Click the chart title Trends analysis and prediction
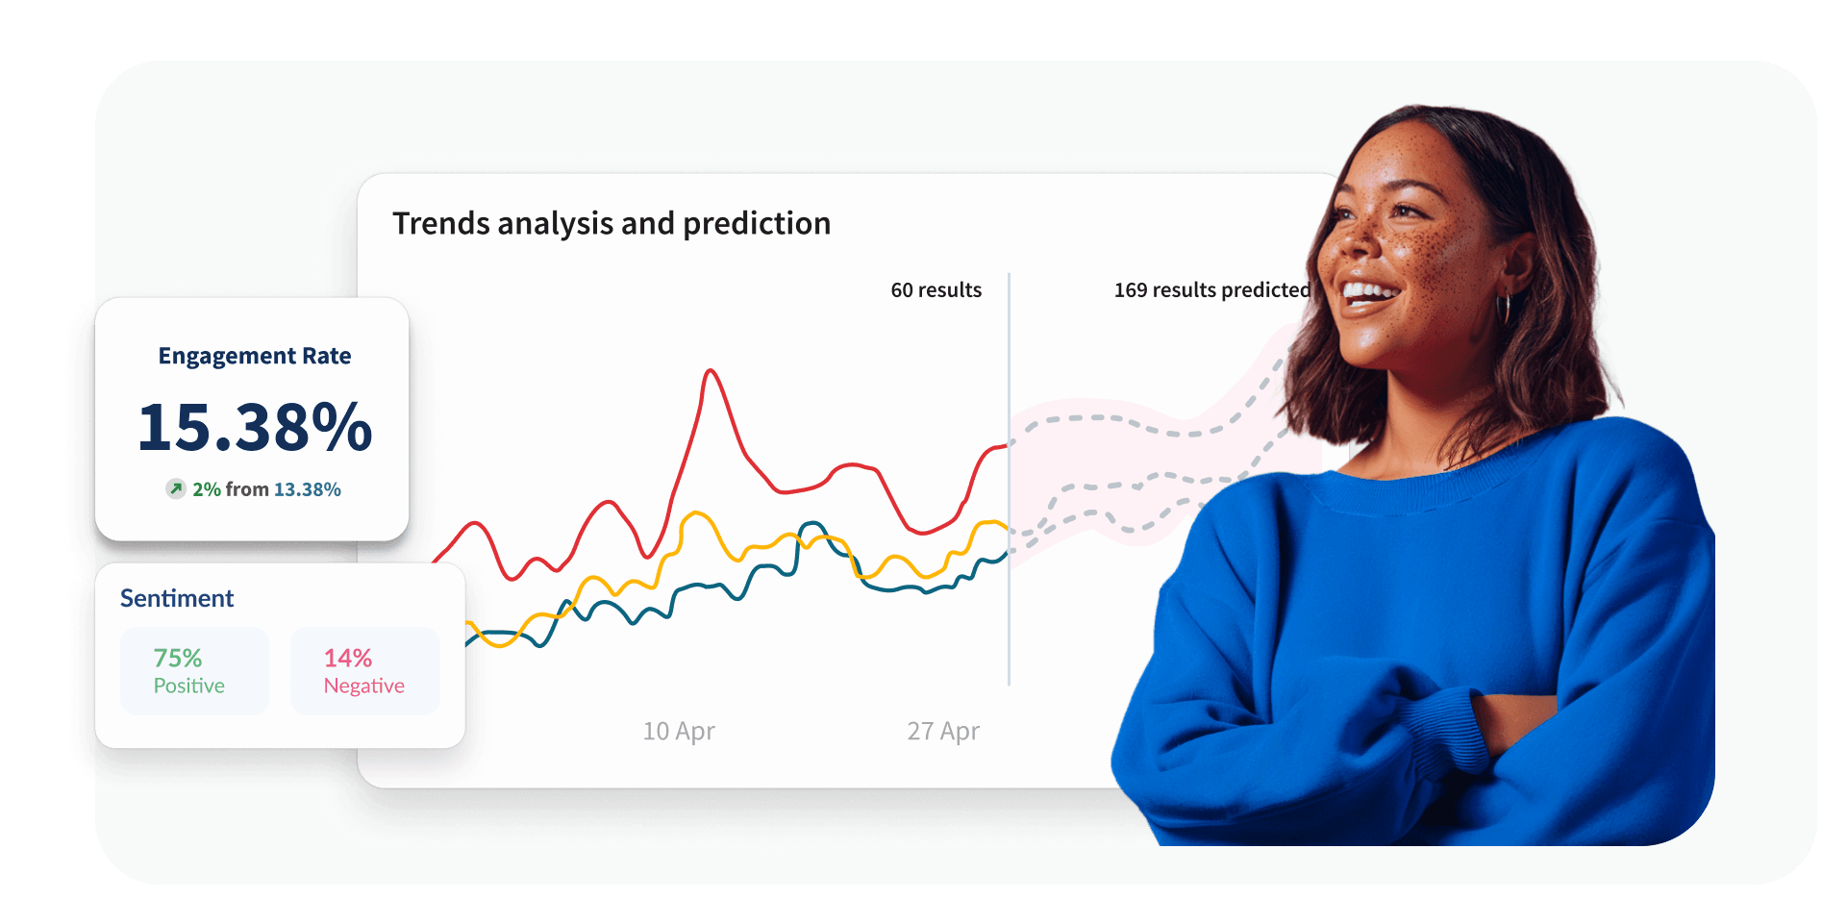pos(612,223)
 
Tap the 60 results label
pos(936,290)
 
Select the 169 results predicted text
pos(1211,290)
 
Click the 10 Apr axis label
pos(679,731)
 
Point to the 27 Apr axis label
pos(943,731)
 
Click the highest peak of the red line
pos(711,370)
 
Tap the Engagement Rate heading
pos(255,356)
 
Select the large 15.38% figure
pos(255,427)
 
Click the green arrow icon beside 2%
pos(176,488)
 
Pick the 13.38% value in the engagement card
pos(308,489)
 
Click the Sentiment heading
pos(177,598)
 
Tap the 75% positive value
pos(178,658)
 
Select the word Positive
pos(189,686)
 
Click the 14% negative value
pos(348,658)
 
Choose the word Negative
pos(364,686)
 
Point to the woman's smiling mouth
pos(1370,292)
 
